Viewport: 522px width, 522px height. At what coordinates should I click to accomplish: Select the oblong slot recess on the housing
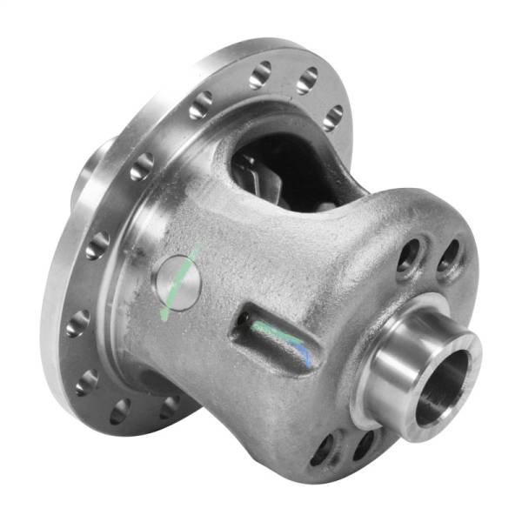pyautogui.click(x=274, y=335)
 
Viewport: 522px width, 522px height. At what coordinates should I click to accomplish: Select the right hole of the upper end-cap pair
pyautogui.click(x=449, y=256)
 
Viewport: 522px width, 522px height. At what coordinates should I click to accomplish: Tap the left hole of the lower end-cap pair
pyautogui.click(x=324, y=448)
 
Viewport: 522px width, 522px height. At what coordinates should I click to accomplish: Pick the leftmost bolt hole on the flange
pyautogui.click(x=77, y=324)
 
